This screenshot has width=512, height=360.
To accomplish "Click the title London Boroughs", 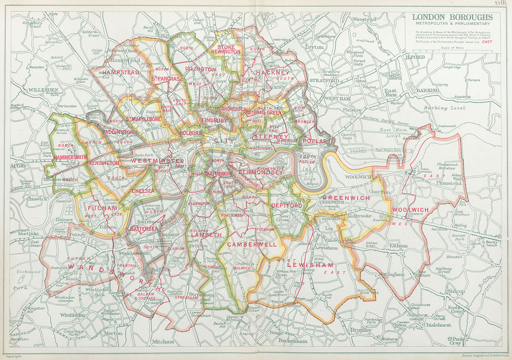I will tap(452, 17).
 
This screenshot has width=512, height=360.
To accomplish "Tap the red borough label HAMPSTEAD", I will tap(121, 72).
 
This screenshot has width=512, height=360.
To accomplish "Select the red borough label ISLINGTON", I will tap(201, 69).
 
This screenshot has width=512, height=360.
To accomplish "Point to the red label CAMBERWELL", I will tap(252, 245).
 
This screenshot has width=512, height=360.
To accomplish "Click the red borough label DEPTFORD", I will tap(287, 206).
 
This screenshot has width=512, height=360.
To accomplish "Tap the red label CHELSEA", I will tap(143, 191).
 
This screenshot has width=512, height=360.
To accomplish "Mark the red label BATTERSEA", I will tap(144, 229).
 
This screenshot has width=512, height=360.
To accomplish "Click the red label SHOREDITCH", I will tap(234, 109).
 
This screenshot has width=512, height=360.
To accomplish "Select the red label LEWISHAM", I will tap(310, 265).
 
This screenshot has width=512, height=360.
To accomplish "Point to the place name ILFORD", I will tap(415, 57).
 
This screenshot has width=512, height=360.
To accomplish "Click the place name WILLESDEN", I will tap(43, 90).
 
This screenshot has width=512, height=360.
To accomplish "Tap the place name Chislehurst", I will tap(437, 325).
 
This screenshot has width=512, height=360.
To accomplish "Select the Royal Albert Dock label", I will tap(388, 150).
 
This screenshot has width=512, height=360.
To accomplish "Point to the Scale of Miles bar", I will tap(452, 51).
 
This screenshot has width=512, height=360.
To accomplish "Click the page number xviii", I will tap(501, 3).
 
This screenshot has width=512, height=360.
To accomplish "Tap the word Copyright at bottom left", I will tap(14, 356).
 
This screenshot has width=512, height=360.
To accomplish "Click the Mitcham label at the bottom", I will tap(163, 341).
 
